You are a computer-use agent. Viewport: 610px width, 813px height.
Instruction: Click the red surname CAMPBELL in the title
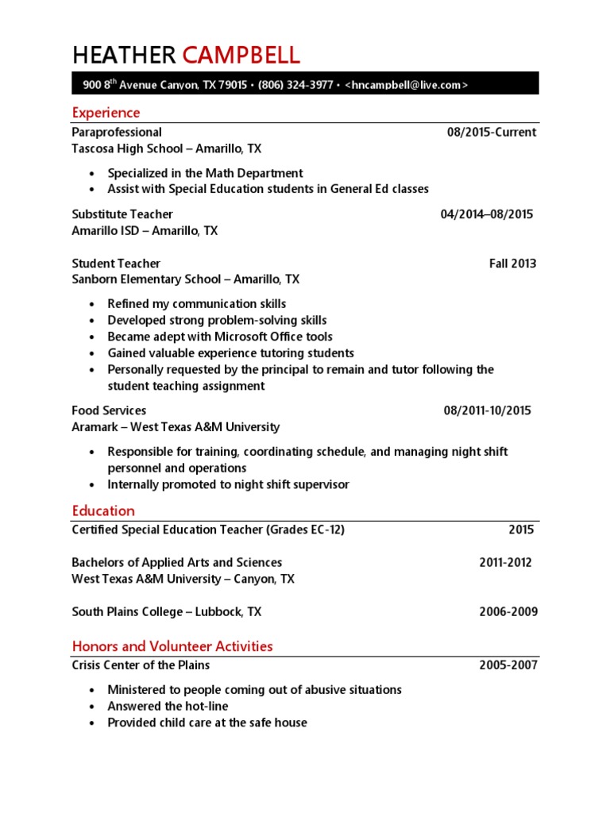tap(241, 55)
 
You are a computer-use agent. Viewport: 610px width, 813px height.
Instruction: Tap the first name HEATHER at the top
tap(124, 55)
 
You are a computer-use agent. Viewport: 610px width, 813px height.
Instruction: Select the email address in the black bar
tap(407, 84)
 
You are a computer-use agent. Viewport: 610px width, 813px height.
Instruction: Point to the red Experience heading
tap(106, 113)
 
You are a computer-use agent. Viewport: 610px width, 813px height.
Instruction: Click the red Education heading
tap(103, 511)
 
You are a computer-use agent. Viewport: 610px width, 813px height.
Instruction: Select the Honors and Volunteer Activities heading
tap(172, 646)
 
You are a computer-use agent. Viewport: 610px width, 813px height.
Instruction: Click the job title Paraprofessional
tap(117, 132)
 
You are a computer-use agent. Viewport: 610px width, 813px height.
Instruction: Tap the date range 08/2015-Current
tap(492, 132)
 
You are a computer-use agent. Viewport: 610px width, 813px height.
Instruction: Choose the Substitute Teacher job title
tap(122, 214)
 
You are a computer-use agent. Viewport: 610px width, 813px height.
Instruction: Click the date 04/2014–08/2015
tap(487, 214)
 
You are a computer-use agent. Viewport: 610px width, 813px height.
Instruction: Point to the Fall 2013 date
tap(512, 264)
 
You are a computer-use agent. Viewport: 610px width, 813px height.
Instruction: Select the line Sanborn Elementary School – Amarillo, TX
tap(186, 279)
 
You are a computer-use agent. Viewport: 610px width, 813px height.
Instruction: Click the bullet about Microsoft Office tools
tap(220, 337)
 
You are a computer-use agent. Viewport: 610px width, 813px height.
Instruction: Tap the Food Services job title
tap(109, 410)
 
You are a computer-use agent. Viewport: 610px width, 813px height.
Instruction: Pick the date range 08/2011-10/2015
tap(487, 410)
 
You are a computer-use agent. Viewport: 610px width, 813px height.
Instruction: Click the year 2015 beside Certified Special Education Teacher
tap(521, 530)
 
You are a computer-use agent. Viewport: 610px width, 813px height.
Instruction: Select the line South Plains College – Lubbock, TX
tap(166, 612)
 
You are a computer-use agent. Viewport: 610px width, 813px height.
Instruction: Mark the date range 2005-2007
tap(508, 665)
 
